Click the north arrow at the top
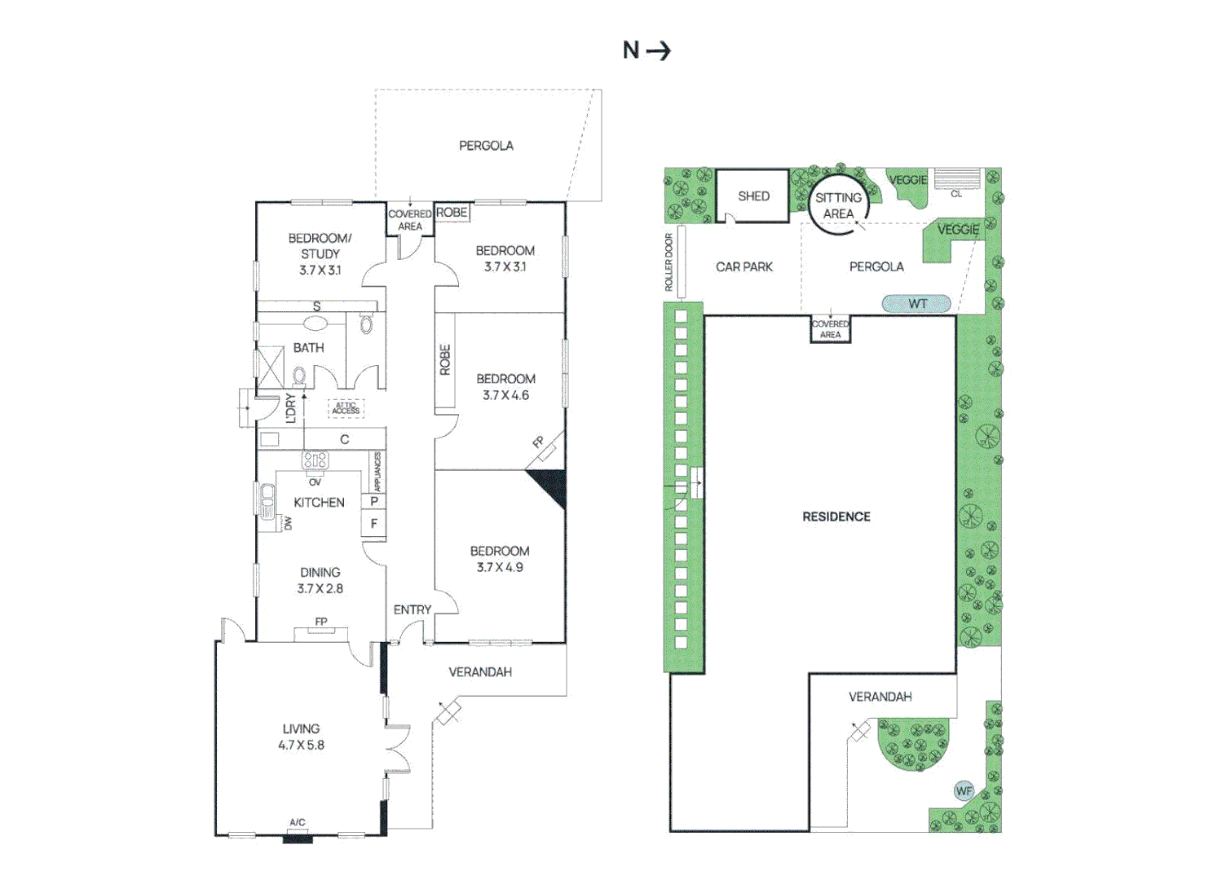(659, 51)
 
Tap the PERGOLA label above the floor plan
(486, 146)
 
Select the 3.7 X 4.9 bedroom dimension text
(500, 567)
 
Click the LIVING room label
(301, 729)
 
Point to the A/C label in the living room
(298, 822)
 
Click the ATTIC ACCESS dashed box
(346, 407)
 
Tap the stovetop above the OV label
(316, 460)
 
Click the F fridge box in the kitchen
(374, 524)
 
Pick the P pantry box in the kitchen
(374, 501)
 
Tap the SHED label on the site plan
(753, 196)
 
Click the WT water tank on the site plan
(916, 303)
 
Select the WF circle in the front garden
(964, 791)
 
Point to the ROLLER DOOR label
(669, 262)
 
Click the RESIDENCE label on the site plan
(836, 517)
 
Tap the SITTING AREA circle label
(838, 206)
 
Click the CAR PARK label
(744, 267)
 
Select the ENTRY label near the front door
(413, 609)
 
